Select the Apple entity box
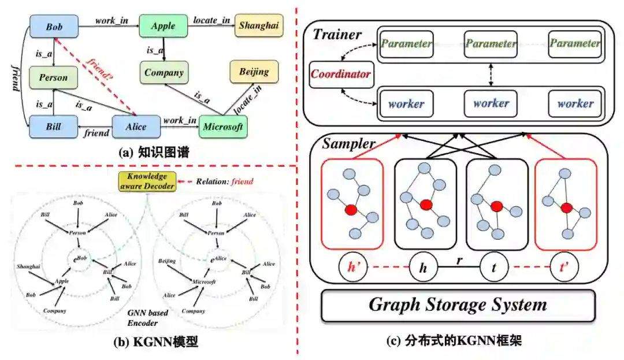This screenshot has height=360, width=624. pos(163,27)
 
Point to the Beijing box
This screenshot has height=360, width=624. pos(254,72)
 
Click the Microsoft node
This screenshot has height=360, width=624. pos(222,127)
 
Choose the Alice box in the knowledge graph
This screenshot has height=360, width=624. pos(135,127)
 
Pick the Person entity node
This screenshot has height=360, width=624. pos(53,77)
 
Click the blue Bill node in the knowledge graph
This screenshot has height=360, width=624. pos(53,127)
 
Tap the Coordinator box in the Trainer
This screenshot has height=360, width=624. pos(341,75)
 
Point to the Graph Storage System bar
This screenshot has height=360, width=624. pos(458,305)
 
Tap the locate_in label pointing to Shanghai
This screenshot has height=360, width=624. pos(211,20)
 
